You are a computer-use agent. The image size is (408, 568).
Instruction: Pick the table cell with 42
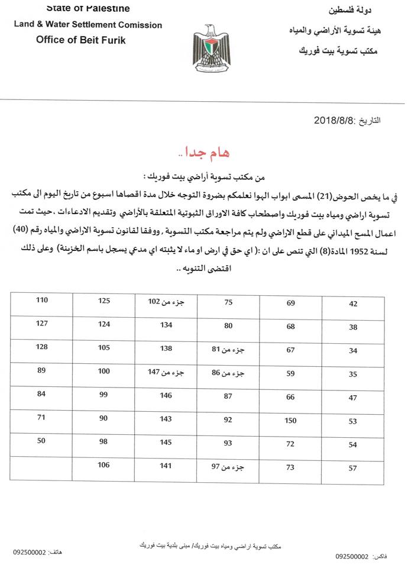click(354, 304)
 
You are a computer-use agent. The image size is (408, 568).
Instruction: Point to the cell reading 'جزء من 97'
click(228, 467)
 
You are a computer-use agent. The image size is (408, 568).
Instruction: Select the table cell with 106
click(104, 466)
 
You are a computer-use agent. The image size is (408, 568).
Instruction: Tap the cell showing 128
click(41, 347)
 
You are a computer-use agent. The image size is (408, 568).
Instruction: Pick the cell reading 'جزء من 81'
click(228, 350)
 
